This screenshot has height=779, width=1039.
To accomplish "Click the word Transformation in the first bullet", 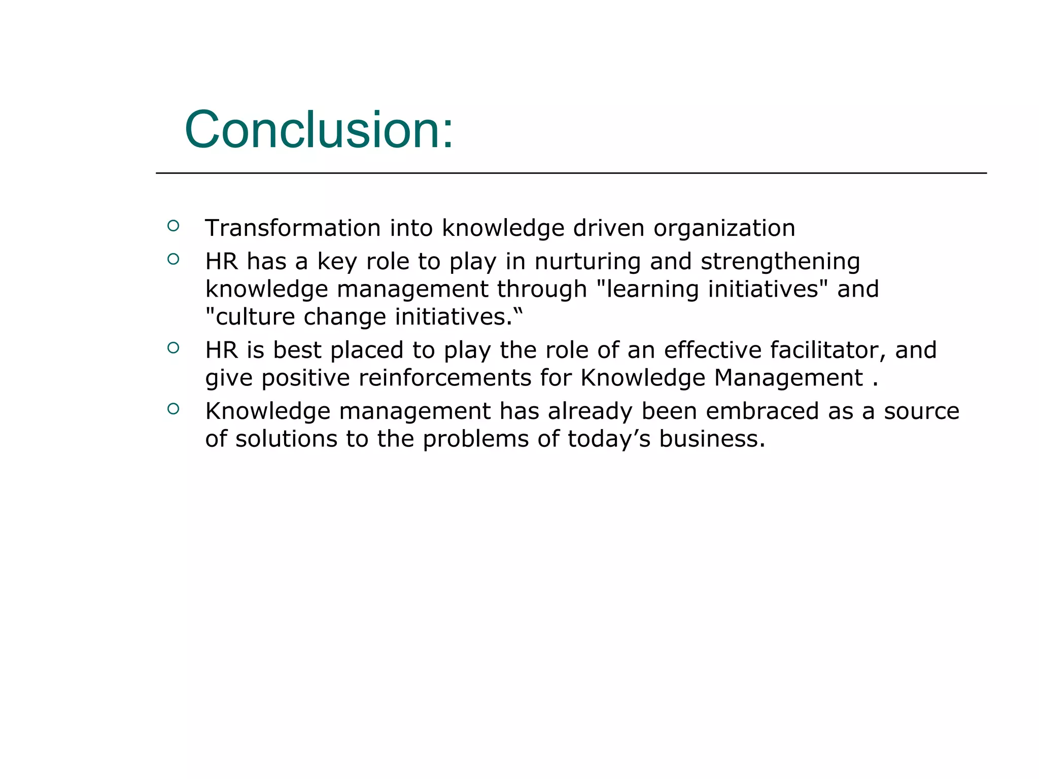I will coord(293,228).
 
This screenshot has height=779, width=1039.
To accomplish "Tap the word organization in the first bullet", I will coord(724,228).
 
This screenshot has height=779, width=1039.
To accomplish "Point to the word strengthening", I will coord(780,262).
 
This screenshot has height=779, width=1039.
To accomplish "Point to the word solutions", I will coord(286,439).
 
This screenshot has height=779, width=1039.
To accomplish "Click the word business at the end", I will coord(711,439).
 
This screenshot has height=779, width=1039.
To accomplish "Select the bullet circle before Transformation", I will coord(173,226).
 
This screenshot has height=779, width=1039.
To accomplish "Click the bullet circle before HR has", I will coord(173,259).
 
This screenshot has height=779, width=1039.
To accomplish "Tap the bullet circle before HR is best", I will coord(173,348).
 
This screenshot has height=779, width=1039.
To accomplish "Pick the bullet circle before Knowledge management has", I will coord(173,409).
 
